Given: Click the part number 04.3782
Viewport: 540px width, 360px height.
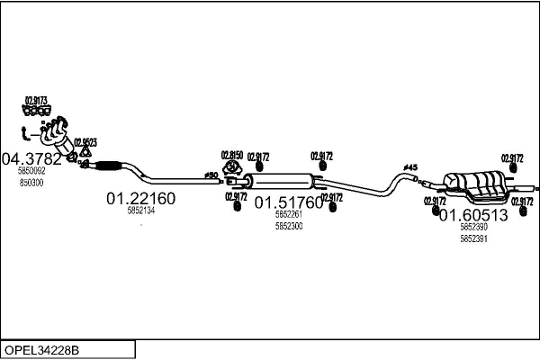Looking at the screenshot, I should point(32,159).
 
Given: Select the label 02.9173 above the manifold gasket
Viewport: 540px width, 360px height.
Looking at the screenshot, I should point(36,100).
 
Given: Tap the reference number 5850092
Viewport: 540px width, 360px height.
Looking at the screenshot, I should point(31,171).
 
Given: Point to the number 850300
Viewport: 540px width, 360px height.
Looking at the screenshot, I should point(31,182).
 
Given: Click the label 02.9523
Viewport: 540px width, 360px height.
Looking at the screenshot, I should point(85,142).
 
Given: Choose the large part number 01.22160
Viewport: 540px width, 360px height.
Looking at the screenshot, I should point(140,198).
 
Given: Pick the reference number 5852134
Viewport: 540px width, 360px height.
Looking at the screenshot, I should point(141,211).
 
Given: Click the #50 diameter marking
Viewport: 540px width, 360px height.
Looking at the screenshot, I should point(211,174).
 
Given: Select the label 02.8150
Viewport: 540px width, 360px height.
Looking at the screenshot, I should point(232,154).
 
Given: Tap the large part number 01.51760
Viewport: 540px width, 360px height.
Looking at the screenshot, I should point(288,202).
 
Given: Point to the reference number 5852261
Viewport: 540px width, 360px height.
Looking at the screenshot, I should point(289,215).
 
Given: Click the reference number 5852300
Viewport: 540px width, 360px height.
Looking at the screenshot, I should point(289,226).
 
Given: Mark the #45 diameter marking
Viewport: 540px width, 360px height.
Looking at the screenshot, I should point(410,167).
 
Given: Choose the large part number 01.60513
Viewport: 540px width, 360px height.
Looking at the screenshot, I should point(473,215).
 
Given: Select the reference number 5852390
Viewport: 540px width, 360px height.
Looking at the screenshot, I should point(474,228).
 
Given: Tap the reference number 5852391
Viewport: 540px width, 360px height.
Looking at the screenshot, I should point(474,238).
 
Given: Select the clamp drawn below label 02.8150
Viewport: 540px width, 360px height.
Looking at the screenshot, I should point(232,166).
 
